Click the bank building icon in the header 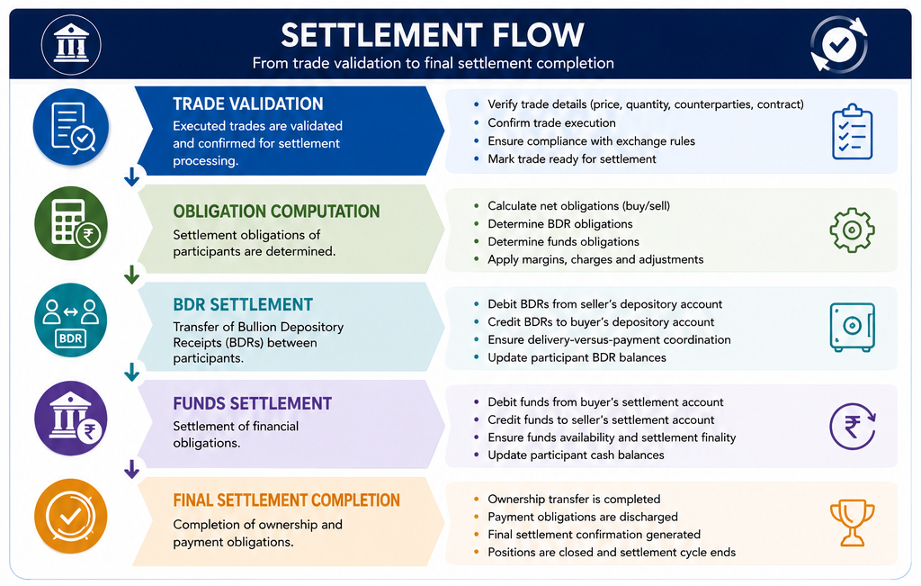tap(71, 45)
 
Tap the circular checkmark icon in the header tap(839, 45)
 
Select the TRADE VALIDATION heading tap(248, 104)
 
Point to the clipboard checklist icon tap(853, 131)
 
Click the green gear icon tap(853, 230)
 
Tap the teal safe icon tap(853, 327)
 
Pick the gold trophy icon tap(853, 522)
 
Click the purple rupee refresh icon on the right tap(853, 426)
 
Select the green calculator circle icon tap(71, 223)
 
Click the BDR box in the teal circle tap(71, 338)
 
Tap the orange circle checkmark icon tap(71, 516)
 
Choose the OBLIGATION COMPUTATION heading tap(276, 211)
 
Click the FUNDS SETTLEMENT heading tap(252, 403)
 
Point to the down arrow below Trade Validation tap(131, 177)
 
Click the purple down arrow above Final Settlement tap(131, 469)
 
